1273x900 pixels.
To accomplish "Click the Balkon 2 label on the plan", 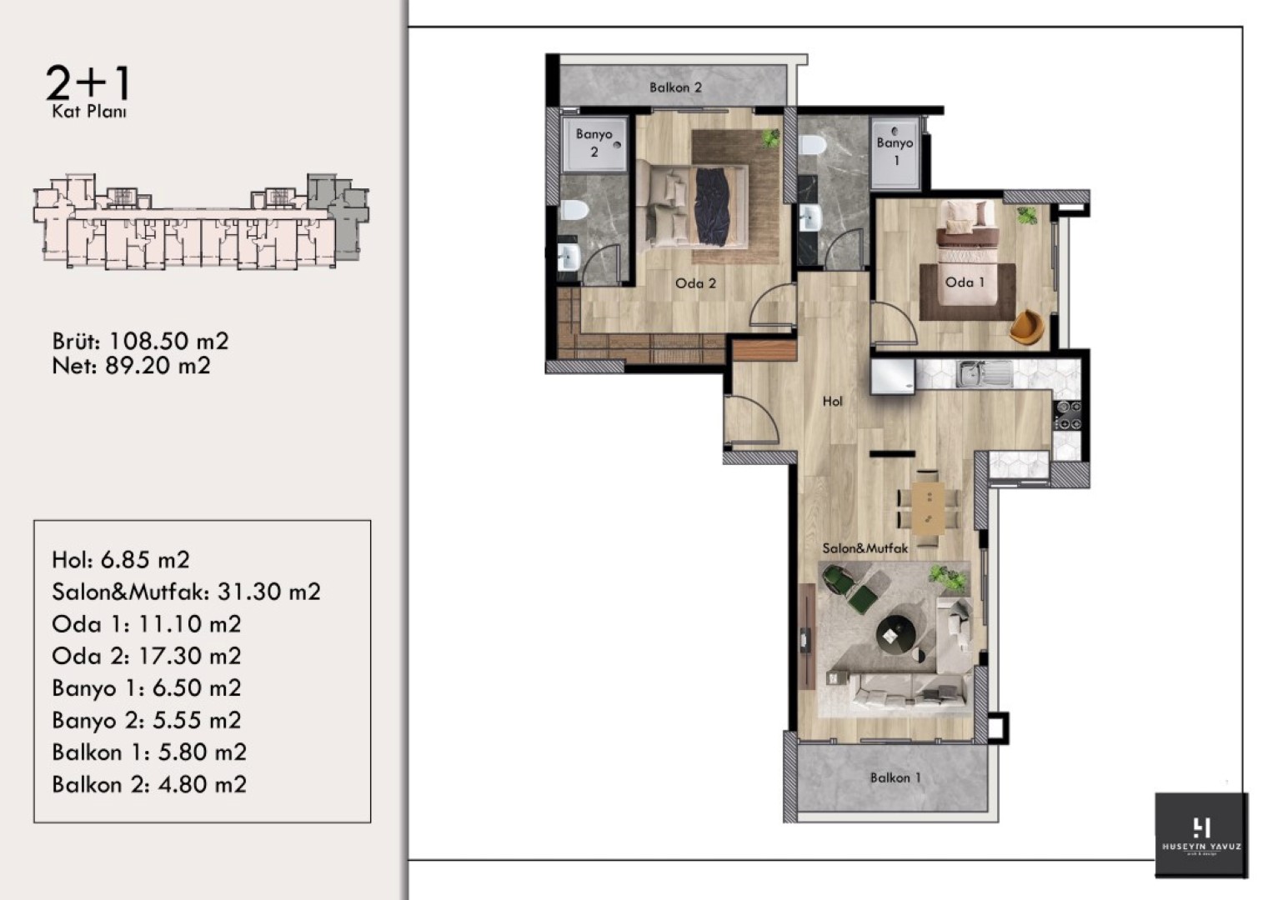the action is tap(675, 87).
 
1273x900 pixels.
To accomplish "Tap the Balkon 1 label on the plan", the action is tap(895, 777).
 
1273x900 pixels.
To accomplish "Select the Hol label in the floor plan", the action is tap(833, 401).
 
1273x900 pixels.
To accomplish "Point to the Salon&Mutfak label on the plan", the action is tap(865, 548).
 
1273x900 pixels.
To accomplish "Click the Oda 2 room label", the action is tap(695, 283).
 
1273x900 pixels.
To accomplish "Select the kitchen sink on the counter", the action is tap(984, 374).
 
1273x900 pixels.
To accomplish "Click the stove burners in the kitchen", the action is tap(1067, 415).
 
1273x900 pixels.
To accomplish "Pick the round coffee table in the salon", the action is tap(895, 634).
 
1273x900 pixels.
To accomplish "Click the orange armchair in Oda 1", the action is tap(1027, 326).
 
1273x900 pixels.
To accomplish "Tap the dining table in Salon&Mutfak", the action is tap(928, 508).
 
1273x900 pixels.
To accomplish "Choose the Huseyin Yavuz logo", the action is tap(1200, 836).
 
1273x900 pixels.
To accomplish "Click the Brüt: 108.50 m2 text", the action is tap(140, 341).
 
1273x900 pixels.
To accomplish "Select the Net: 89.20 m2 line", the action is tap(131, 365).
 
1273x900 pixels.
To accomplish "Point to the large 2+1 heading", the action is tap(88, 83).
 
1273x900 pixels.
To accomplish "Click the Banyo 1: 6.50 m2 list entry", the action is tap(147, 688).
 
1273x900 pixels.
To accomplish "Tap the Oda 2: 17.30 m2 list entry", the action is tap(147, 657).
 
